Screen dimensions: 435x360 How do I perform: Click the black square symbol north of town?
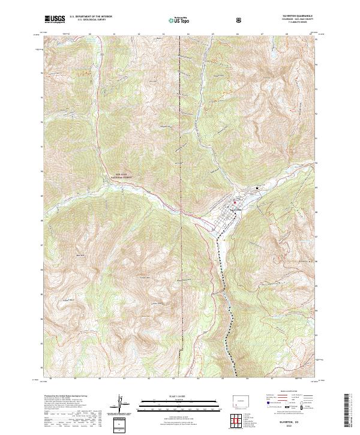click(x=257, y=187)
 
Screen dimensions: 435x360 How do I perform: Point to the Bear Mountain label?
click(x=80, y=255)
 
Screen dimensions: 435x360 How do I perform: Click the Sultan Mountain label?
click(x=143, y=277)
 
